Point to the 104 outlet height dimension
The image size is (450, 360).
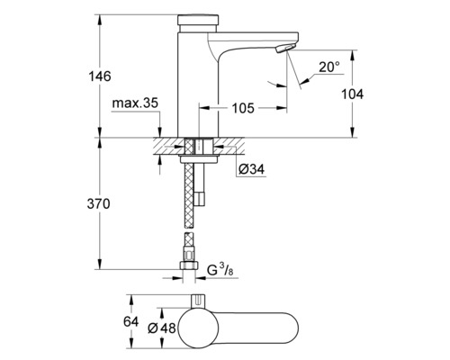(x=364, y=94)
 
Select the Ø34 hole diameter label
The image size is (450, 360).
(x=251, y=168)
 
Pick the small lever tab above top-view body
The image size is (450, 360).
(x=195, y=298)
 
